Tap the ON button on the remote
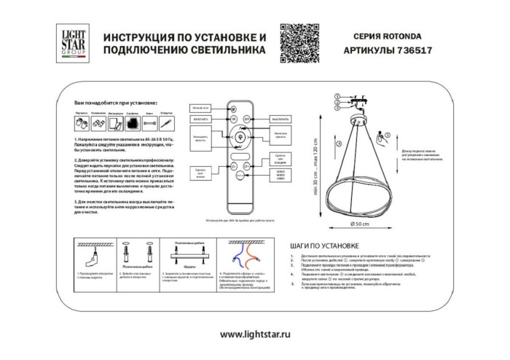(234, 118)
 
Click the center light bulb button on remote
(240, 136)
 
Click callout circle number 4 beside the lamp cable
(339, 144)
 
